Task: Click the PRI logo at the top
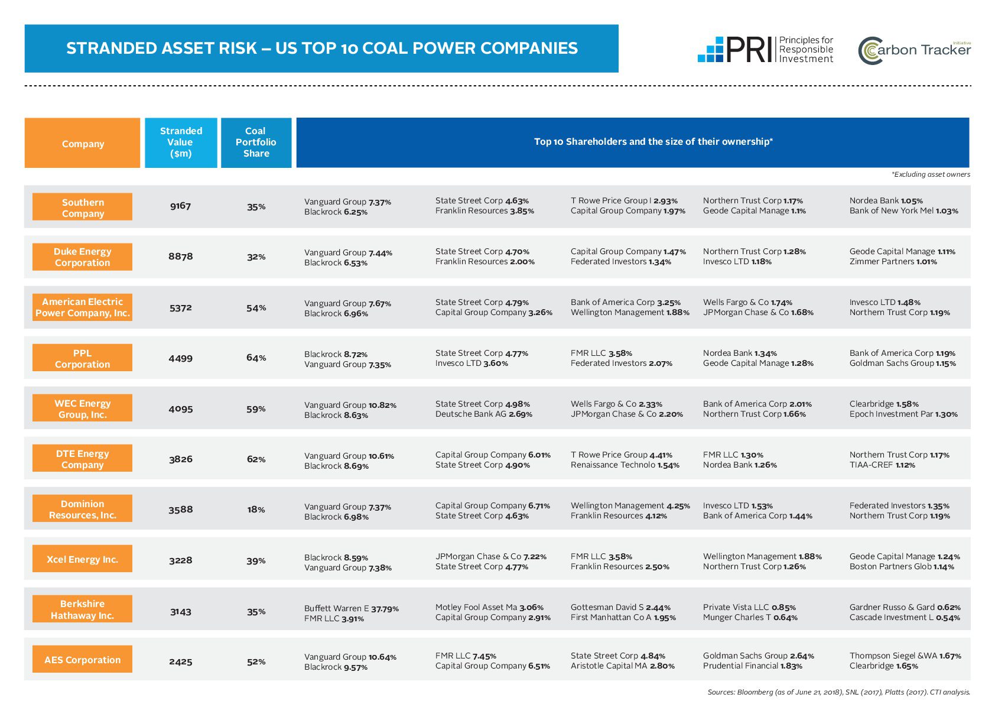pyautogui.click(x=765, y=49)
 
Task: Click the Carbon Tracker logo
pyautogui.click(x=914, y=50)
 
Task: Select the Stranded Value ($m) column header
pyautogui.click(x=181, y=142)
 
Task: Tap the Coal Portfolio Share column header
pyautogui.click(x=256, y=142)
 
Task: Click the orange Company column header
pyautogui.click(x=83, y=144)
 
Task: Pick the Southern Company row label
pyautogui.click(x=83, y=207)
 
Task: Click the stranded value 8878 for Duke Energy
pyautogui.click(x=181, y=257)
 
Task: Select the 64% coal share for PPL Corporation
pyautogui.click(x=256, y=358)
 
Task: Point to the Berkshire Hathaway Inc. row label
pyautogui.click(x=83, y=609)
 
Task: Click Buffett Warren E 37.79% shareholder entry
pyautogui.click(x=351, y=608)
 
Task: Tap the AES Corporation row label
pyautogui.click(x=83, y=660)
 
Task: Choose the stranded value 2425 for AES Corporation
pyautogui.click(x=181, y=661)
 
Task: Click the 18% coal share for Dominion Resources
pyautogui.click(x=256, y=510)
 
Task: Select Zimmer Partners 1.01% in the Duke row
pyautogui.click(x=893, y=262)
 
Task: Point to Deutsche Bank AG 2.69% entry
pyautogui.click(x=483, y=414)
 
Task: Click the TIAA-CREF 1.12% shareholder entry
pyautogui.click(x=882, y=465)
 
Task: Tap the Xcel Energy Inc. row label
pyautogui.click(x=83, y=559)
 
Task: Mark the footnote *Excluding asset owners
pyautogui.click(x=931, y=174)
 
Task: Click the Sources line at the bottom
pyautogui.click(x=838, y=692)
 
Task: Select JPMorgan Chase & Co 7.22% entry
pyautogui.click(x=490, y=556)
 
